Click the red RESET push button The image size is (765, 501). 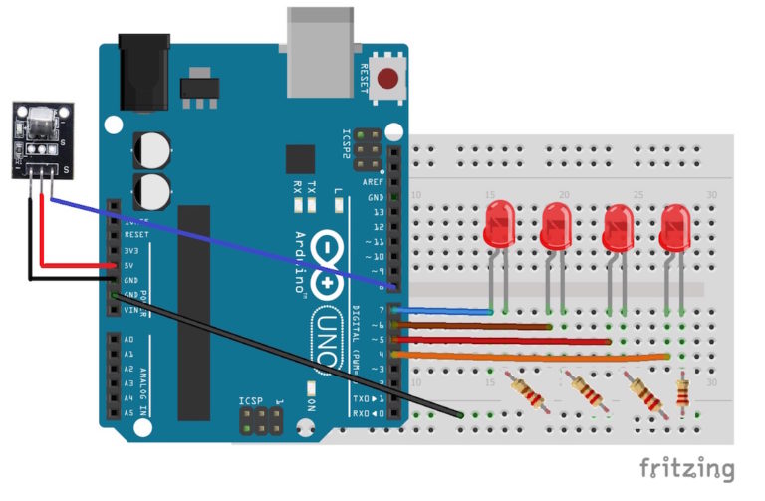(x=387, y=77)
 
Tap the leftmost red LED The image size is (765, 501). (x=498, y=224)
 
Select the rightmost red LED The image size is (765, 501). (x=676, y=227)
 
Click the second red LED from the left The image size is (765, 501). (x=556, y=227)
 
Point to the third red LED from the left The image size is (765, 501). (x=619, y=228)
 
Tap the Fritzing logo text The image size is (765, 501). (x=686, y=468)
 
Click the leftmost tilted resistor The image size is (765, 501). (x=525, y=391)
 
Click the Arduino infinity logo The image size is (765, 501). (x=326, y=265)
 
